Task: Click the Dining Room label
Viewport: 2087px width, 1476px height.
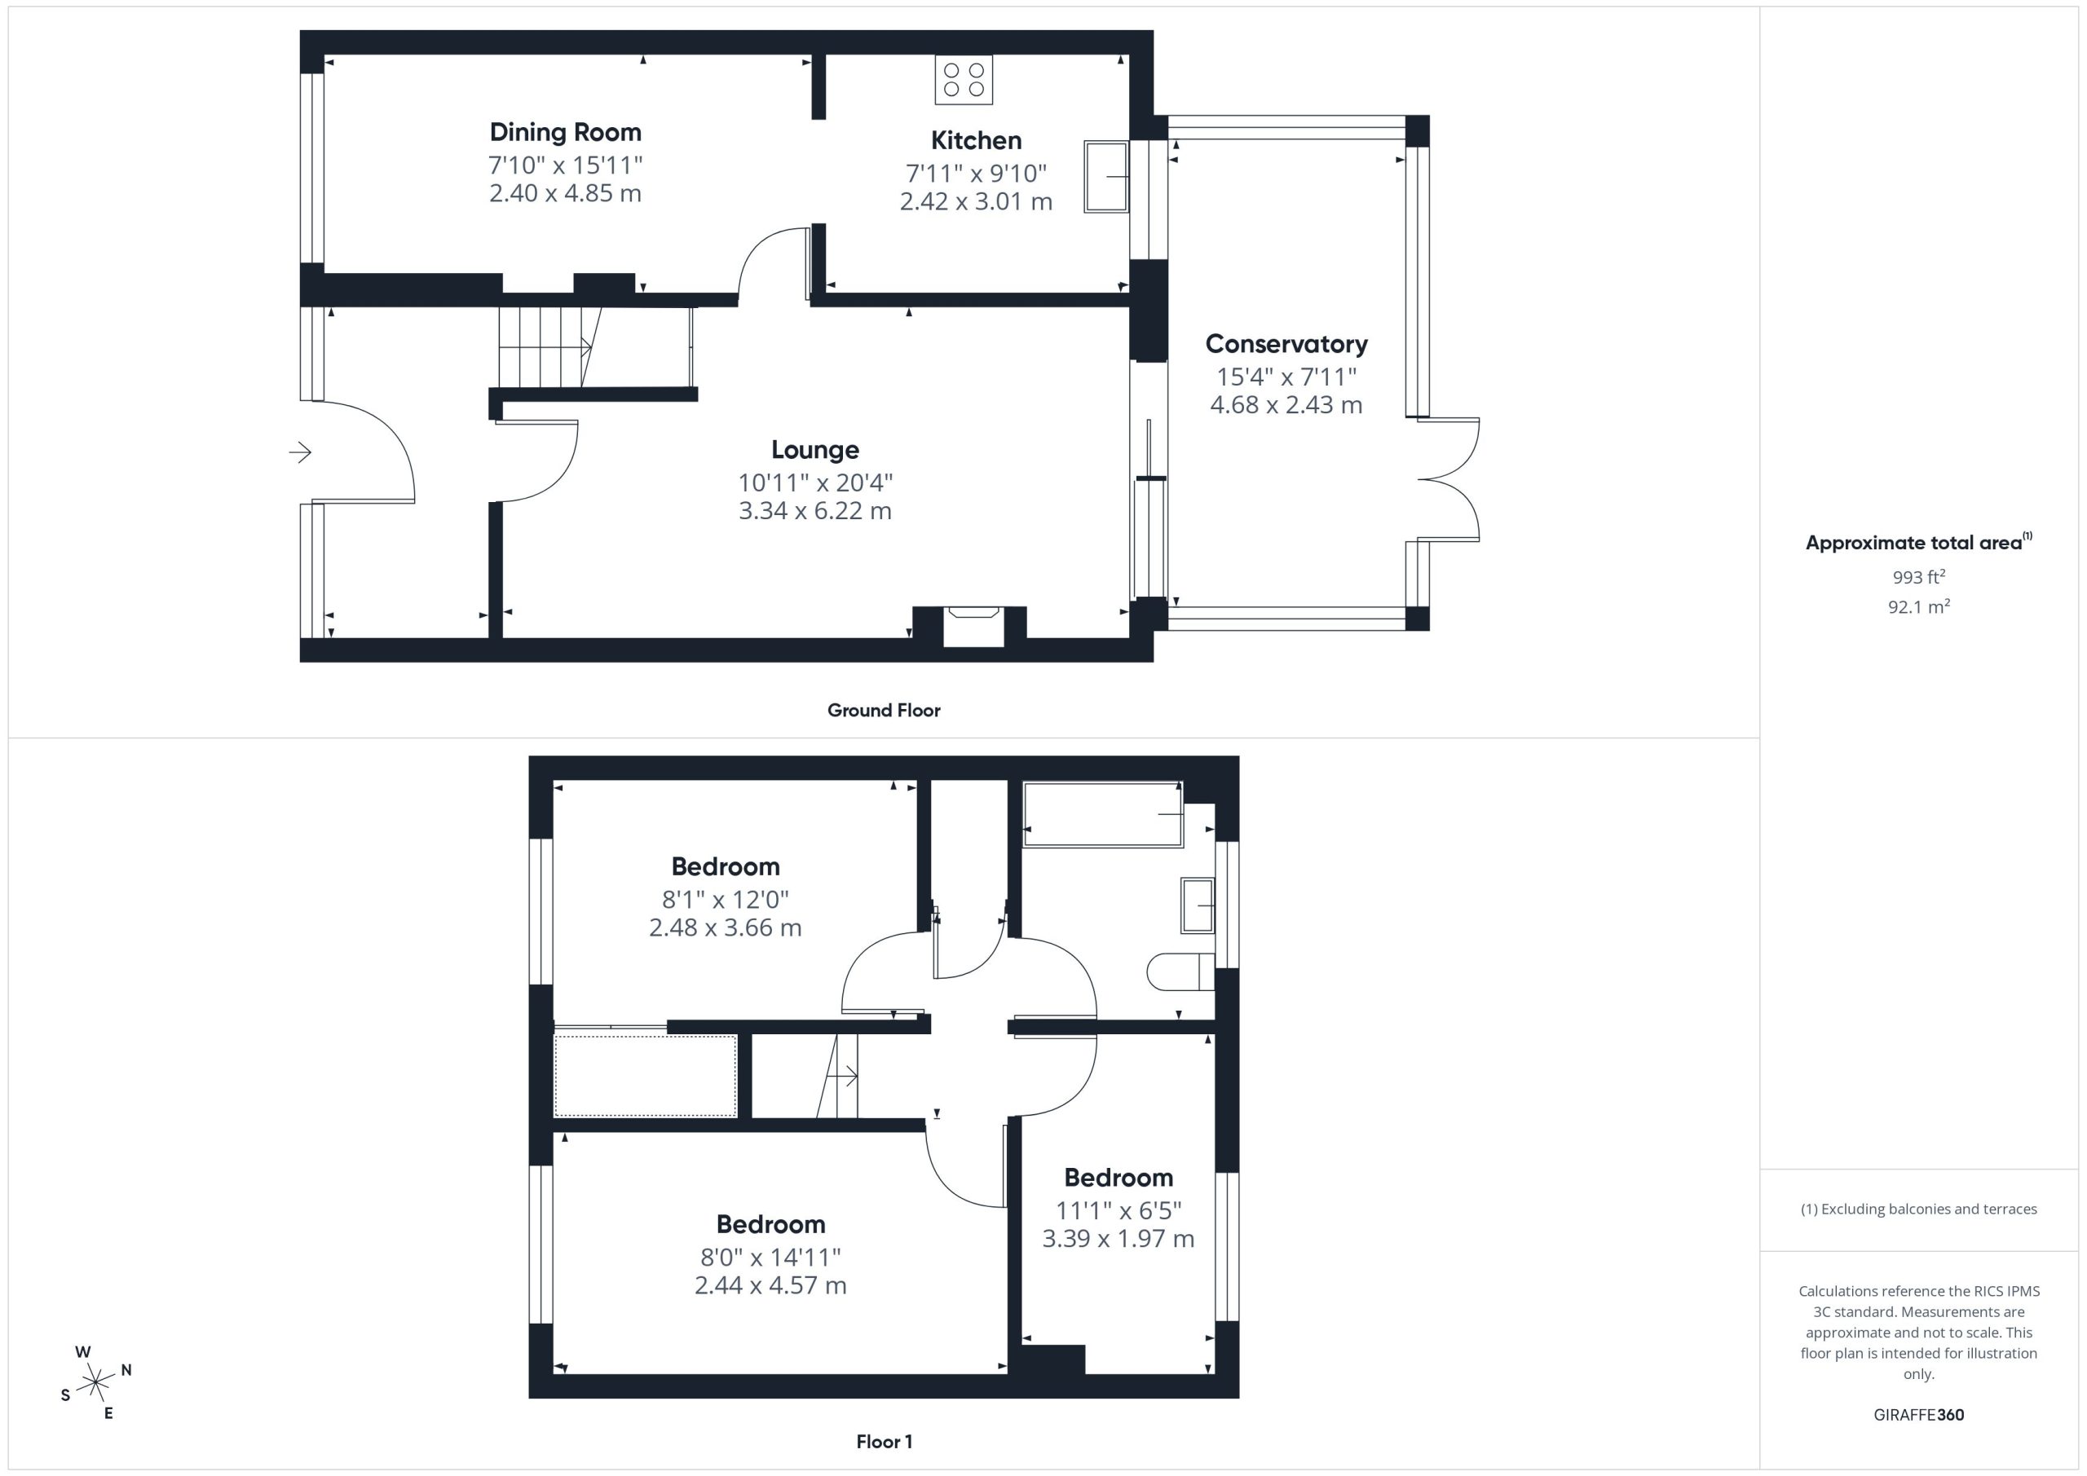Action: (x=566, y=133)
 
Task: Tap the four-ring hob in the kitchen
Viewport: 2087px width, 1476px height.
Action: (x=964, y=80)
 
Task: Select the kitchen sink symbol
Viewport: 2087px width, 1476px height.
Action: (x=1106, y=177)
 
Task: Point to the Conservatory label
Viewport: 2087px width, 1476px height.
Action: (x=1286, y=345)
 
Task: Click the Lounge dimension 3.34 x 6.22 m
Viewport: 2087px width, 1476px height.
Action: (x=815, y=511)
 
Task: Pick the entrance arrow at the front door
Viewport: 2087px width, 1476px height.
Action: (x=300, y=452)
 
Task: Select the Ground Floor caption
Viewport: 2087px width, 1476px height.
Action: (x=884, y=711)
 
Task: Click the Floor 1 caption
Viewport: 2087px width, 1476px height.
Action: (x=885, y=1442)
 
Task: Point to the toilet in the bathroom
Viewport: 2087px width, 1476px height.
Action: (x=1180, y=972)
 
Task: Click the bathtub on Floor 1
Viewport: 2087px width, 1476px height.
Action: (x=1104, y=814)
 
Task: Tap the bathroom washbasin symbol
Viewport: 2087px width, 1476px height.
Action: (x=1197, y=905)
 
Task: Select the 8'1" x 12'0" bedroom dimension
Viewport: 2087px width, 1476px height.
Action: (x=726, y=900)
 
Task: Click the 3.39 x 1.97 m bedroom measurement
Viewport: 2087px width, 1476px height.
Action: (x=1118, y=1239)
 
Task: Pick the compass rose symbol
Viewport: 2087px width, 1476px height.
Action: (x=95, y=1383)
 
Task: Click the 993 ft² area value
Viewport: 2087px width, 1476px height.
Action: (x=1919, y=577)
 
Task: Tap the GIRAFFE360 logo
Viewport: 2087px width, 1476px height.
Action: (x=1919, y=1415)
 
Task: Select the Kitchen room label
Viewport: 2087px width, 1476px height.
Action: (x=976, y=141)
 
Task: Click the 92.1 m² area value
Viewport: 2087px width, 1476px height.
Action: (x=1919, y=607)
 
